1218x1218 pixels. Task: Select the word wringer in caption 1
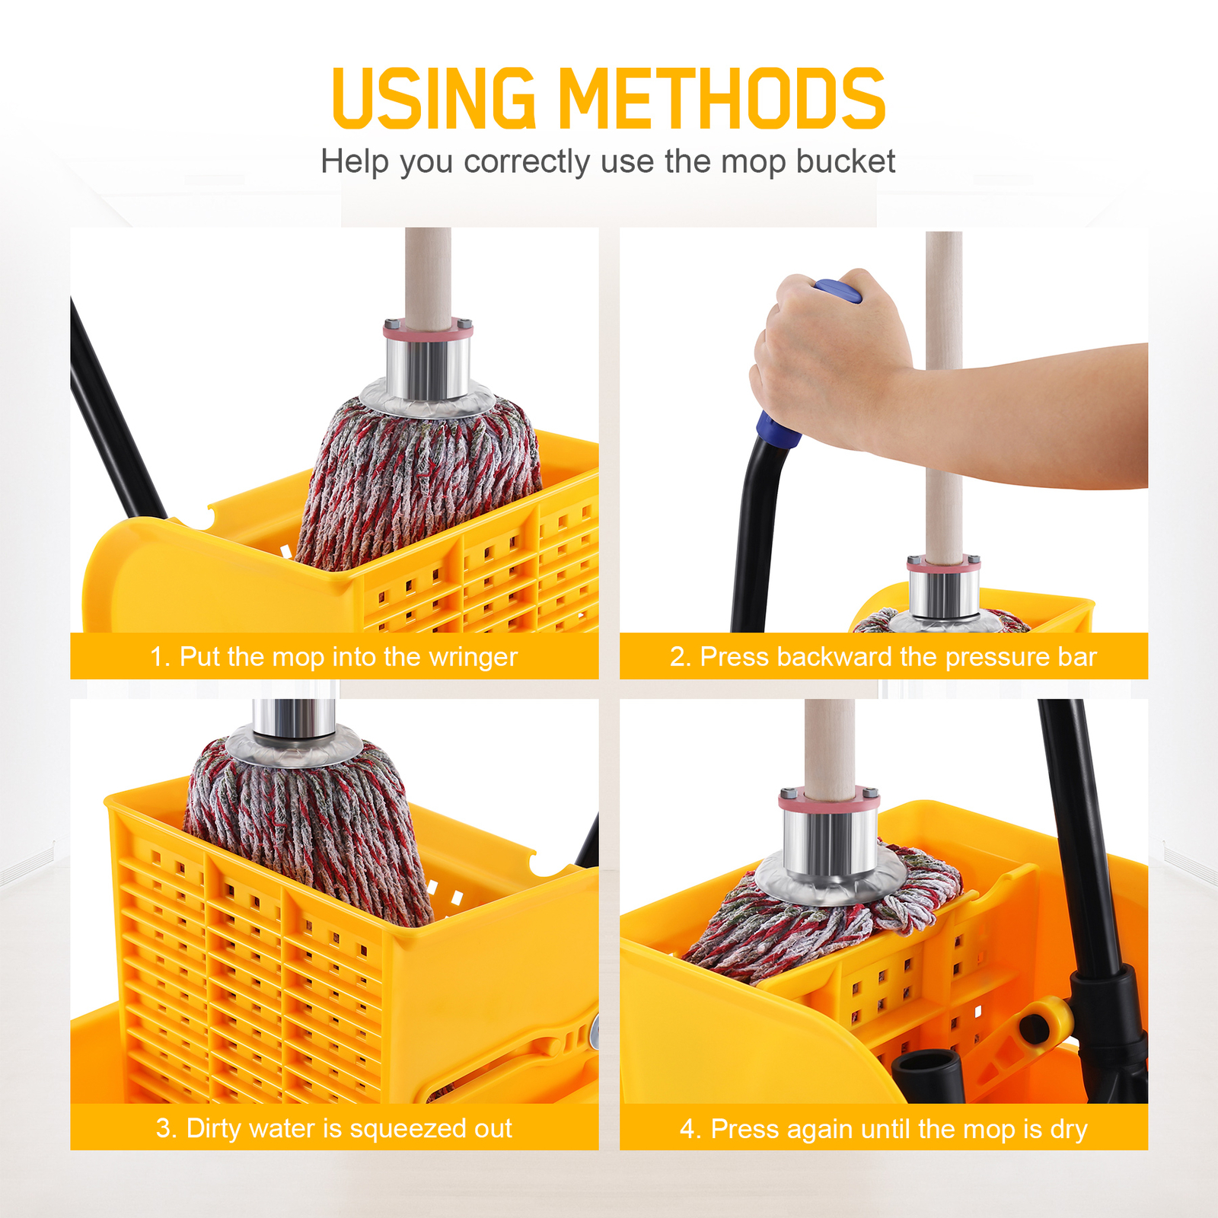click(x=473, y=656)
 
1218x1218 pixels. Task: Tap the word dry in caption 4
click(x=1069, y=1129)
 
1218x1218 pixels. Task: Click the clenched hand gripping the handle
click(x=830, y=358)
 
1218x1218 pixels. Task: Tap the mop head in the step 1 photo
click(x=419, y=487)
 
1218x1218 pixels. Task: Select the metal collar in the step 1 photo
click(x=427, y=369)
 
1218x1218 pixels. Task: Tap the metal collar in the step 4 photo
click(x=830, y=841)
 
